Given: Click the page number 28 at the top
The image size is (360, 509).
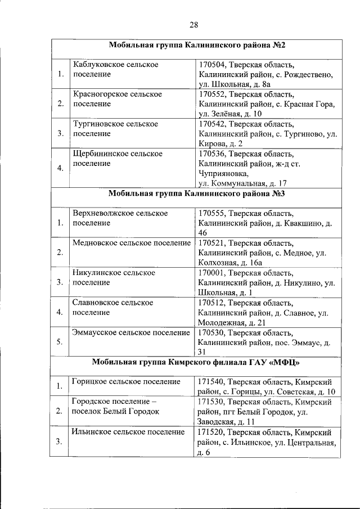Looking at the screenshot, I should click(193, 24).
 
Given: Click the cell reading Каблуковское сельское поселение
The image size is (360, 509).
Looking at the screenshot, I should click(116, 70).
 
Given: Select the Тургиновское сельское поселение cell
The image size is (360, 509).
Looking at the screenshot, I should click(116, 129).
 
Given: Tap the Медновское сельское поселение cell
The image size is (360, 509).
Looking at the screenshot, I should click(132, 243).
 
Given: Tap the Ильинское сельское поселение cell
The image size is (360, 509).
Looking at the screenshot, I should click(128, 432).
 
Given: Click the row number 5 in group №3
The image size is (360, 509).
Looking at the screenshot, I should click(60, 341).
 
